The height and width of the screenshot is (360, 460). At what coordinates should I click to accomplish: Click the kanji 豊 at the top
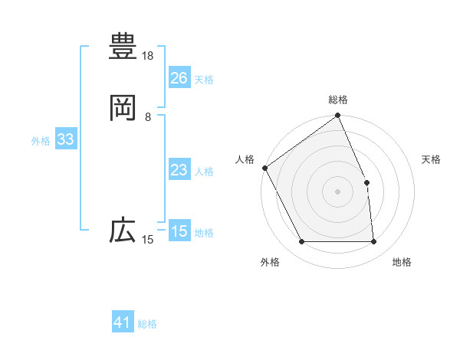[123, 46]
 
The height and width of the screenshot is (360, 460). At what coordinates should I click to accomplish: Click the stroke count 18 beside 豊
[148, 56]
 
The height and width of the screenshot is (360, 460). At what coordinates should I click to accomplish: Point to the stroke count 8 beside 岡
[148, 117]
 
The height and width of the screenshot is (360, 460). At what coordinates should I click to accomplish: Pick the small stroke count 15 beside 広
[148, 241]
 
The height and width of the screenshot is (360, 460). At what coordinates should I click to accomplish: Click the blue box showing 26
[179, 78]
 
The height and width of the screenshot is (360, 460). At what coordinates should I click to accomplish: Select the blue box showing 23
[179, 170]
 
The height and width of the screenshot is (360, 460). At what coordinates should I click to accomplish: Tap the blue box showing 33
[65, 140]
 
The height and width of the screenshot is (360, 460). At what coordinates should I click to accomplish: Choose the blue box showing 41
[123, 323]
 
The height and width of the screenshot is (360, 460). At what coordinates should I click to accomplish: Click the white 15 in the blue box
[179, 231]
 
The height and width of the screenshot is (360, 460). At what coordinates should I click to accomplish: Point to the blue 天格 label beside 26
[204, 80]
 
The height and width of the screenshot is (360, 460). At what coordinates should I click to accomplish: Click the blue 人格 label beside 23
[204, 172]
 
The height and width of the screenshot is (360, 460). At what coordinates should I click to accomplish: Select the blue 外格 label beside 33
[41, 141]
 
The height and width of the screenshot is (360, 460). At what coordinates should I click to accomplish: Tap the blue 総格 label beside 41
[147, 324]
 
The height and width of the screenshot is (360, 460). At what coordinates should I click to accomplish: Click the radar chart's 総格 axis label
[338, 100]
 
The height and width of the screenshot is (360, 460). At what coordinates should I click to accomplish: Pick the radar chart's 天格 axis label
[432, 159]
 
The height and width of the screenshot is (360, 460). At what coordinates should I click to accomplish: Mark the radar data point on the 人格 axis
[265, 168]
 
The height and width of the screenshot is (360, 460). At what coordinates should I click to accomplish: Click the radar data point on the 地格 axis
[374, 242]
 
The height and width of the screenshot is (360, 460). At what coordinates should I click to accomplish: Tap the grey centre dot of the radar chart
[338, 191]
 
